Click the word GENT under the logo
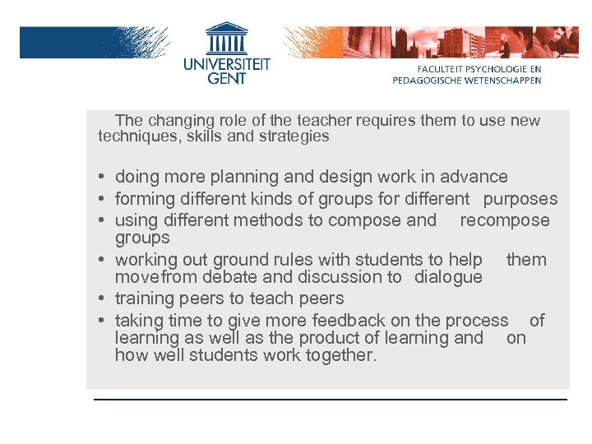click(225, 81)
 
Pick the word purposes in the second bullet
click(520, 199)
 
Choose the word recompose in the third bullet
click(504, 220)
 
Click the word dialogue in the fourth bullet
click(448, 277)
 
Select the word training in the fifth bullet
click(143, 298)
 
